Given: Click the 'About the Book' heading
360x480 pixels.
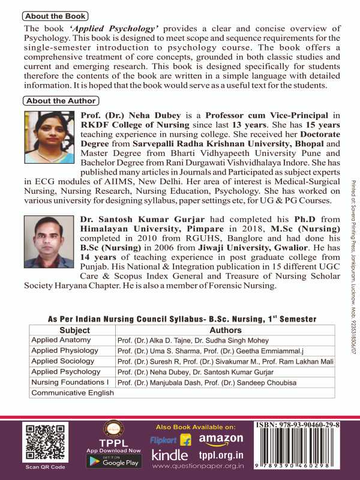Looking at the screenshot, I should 54,16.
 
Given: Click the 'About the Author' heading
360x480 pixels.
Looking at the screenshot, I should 59,101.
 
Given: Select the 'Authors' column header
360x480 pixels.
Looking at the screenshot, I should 226,330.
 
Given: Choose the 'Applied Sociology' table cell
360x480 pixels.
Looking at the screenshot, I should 62,361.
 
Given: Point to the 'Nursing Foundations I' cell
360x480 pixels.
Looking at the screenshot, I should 68,382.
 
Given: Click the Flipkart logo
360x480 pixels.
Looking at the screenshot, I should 170,439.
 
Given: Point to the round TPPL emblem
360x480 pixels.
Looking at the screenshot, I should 113,428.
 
